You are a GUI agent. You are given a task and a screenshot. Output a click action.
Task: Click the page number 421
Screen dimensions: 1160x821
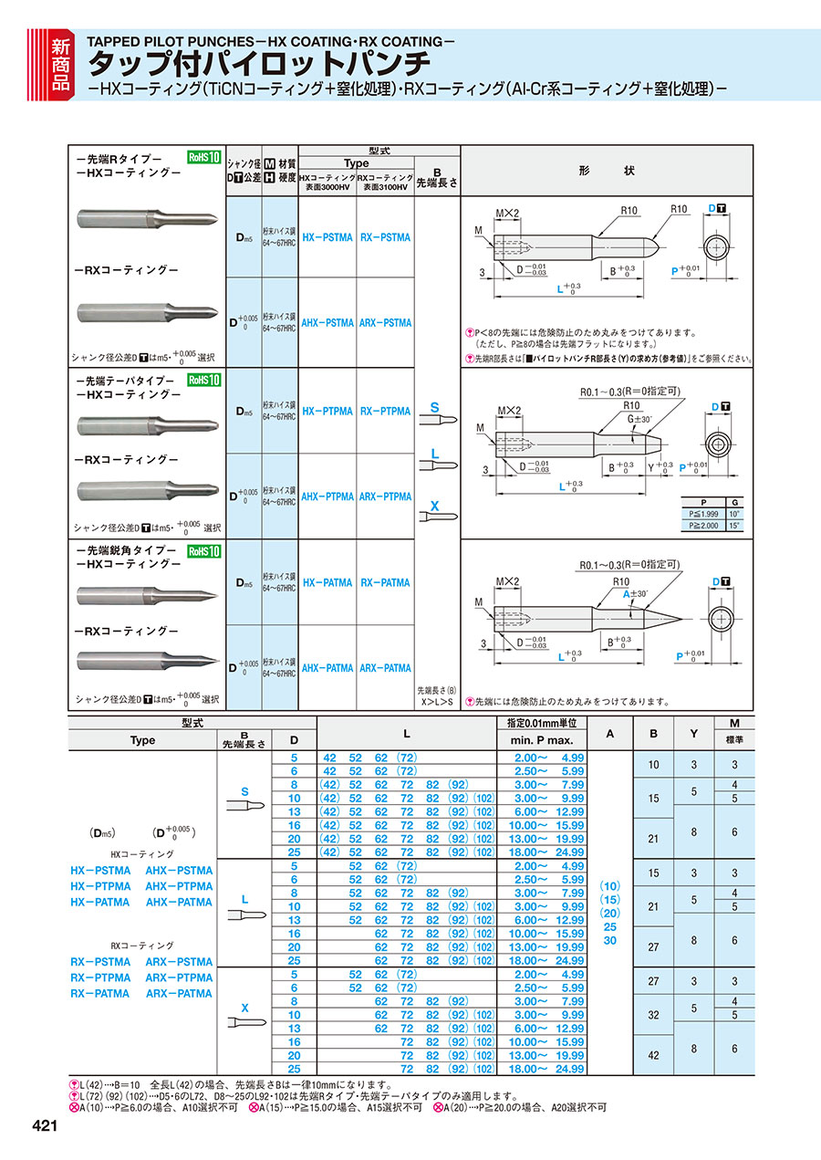[x=44, y=1127]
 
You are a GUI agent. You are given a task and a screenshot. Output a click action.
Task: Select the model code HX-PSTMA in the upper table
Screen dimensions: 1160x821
[x=327, y=237]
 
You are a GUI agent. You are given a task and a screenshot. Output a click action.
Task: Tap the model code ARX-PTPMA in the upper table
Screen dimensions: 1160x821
[x=384, y=496]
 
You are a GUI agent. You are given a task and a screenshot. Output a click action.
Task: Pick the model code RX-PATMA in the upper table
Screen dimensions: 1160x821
[x=384, y=582]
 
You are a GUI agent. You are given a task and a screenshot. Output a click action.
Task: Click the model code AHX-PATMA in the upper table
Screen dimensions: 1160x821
[x=327, y=668]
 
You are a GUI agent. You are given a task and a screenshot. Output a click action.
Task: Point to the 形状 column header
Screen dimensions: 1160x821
[x=607, y=172]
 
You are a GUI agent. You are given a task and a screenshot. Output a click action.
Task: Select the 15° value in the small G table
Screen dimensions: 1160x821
[x=735, y=526]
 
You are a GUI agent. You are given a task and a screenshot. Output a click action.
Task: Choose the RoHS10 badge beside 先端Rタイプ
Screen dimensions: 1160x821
[x=203, y=157]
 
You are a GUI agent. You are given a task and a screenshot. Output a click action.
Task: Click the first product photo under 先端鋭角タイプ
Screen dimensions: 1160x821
[x=147, y=596]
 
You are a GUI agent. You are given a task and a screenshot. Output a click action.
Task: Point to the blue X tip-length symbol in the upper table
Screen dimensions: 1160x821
[x=434, y=505]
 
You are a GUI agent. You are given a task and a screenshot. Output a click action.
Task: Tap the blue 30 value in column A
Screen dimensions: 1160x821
[x=610, y=940]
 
